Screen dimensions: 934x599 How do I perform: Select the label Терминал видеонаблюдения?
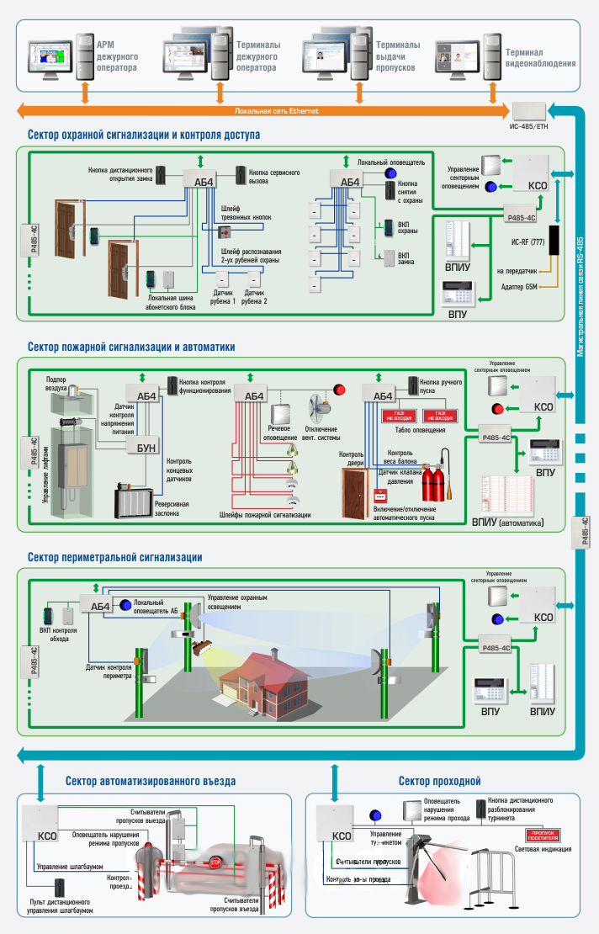539,57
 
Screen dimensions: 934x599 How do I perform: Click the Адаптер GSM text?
516,288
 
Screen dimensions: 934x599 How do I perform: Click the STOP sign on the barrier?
215,862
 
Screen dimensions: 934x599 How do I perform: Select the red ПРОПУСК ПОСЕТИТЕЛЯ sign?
543,834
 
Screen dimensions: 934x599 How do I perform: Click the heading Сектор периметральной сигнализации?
114,556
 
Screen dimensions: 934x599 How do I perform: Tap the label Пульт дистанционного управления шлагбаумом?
59,907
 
